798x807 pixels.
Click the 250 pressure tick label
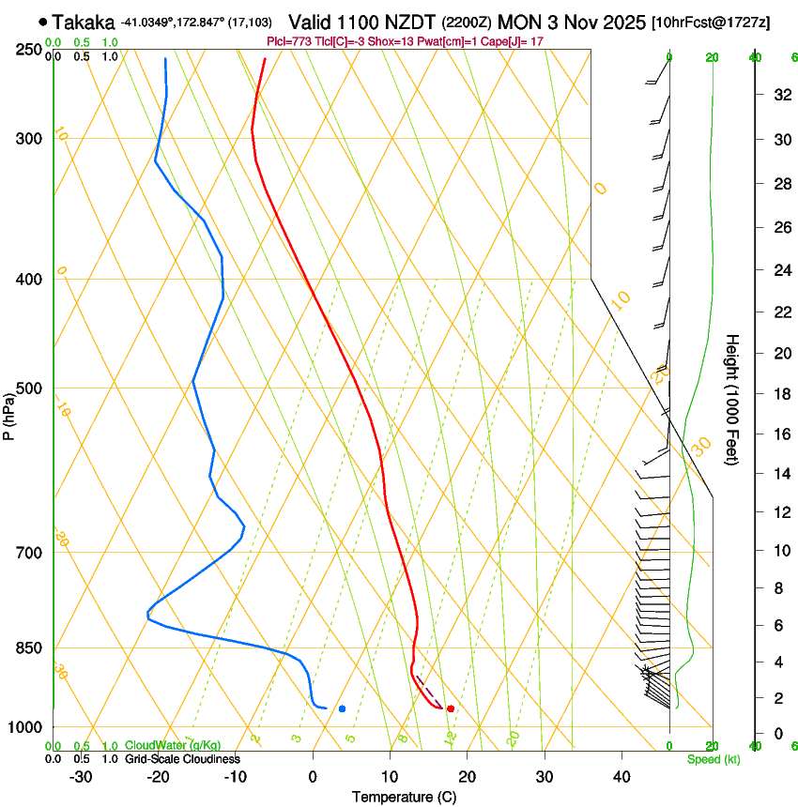(30, 50)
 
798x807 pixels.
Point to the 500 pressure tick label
(30, 388)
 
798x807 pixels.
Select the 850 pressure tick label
(30, 648)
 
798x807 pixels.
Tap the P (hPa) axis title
(9, 413)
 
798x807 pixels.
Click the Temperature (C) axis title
(404, 797)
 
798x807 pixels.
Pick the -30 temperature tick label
(81, 777)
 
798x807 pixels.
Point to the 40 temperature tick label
(622, 777)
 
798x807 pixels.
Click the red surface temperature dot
(451, 708)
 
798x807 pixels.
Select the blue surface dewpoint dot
(342, 708)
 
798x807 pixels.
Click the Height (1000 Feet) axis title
(733, 399)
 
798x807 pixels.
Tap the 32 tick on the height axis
(780, 95)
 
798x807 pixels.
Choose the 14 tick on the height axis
(780, 474)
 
